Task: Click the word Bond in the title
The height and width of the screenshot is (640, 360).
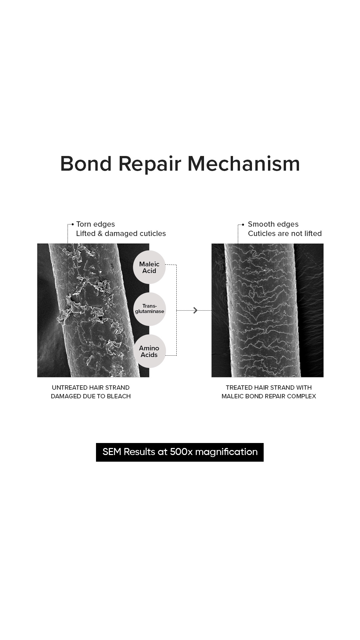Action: (86, 164)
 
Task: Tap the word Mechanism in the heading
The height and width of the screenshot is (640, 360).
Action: (244, 164)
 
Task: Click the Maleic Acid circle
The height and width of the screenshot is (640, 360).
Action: (149, 267)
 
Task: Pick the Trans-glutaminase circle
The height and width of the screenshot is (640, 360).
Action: (149, 309)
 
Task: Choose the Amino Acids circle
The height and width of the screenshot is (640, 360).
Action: (149, 351)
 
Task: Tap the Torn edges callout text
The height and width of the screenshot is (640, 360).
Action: (95, 224)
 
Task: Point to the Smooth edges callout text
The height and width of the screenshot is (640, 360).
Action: (273, 224)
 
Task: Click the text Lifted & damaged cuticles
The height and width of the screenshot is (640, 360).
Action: (121, 234)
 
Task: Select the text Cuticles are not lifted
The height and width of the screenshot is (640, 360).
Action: (285, 234)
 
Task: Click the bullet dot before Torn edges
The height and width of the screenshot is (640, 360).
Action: (73, 224)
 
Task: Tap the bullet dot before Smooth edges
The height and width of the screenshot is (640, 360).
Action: (243, 224)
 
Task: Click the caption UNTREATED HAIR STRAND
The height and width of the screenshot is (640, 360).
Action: (91, 388)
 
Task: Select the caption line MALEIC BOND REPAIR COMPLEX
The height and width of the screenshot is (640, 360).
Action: (269, 396)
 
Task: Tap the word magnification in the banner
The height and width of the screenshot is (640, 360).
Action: (226, 452)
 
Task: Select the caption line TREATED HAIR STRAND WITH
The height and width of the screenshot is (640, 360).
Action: (269, 388)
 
